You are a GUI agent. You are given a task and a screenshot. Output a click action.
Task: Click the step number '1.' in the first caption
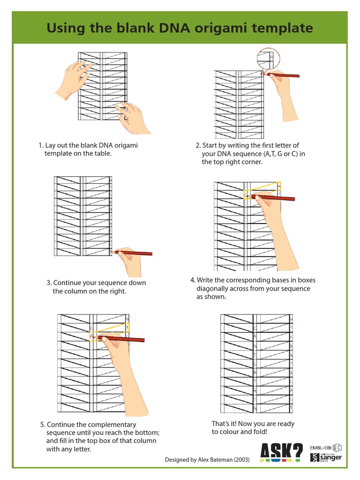click(41, 145)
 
